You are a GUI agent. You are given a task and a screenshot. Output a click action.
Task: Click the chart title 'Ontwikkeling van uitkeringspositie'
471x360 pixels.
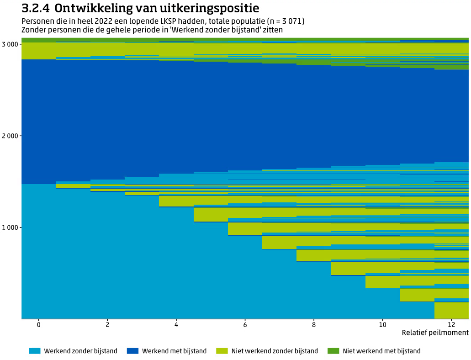click(x=157, y=8)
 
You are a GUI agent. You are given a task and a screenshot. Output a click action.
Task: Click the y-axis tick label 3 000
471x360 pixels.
click(x=10, y=44)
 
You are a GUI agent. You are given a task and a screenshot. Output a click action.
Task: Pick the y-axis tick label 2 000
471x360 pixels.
click(x=10, y=136)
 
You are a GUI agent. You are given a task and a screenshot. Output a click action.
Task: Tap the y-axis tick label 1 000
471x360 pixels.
click(x=10, y=228)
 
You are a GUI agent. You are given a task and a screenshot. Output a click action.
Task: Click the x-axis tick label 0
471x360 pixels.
click(x=39, y=324)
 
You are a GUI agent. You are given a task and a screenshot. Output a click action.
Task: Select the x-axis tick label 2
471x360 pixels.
click(x=107, y=324)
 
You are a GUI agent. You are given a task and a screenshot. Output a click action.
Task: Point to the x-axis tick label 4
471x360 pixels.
click(x=176, y=324)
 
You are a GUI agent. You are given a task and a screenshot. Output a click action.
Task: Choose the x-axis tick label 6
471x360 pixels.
click(x=245, y=324)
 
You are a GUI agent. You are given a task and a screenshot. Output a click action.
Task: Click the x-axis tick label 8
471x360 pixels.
click(x=314, y=324)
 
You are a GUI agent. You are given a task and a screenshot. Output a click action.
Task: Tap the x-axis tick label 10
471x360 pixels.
click(x=382, y=324)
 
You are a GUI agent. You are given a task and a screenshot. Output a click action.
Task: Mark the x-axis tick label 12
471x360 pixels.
click(x=451, y=324)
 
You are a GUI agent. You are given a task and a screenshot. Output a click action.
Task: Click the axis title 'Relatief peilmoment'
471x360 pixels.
click(x=435, y=333)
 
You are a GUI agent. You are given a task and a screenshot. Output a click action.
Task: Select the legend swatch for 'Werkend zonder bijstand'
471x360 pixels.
click(x=35, y=351)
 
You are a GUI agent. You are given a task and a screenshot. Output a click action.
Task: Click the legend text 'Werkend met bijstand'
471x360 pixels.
click(x=174, y=351)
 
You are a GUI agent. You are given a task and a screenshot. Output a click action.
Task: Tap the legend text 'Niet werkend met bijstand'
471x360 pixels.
click(x=381, y=351)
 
